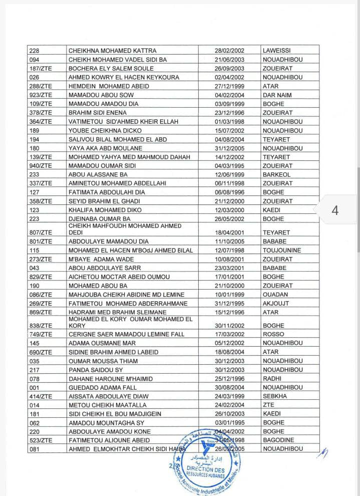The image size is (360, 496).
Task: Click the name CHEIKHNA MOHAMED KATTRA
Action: point(112,51)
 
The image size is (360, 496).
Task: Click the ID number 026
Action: point(35,77)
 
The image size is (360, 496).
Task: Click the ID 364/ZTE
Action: point(41,122)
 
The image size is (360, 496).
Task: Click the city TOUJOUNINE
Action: point(281,250)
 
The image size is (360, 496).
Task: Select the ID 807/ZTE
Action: point(41,232)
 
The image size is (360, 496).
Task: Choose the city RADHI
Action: point(272,378)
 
